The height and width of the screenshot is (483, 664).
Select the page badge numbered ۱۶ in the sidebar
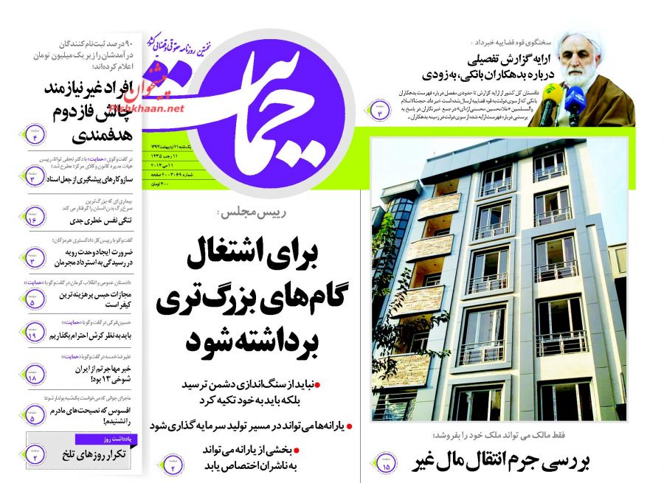[x=32, y=219]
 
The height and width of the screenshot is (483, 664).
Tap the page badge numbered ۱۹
[x=32, y=334]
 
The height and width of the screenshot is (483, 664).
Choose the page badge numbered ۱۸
[x=32, y=377]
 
